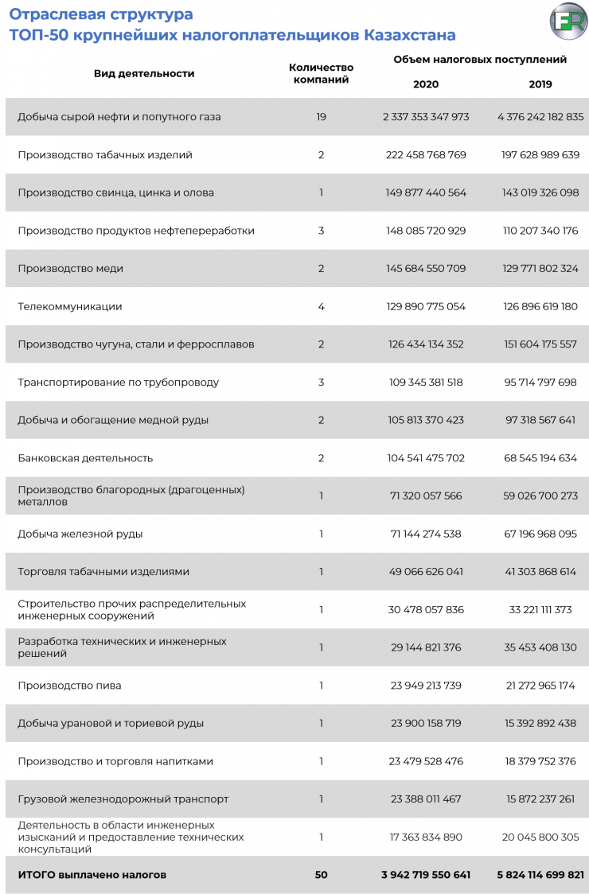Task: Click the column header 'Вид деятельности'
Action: point(144,73)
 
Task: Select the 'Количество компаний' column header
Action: point(321,73)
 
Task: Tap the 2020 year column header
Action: point(426,84)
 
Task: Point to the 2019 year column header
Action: point(540,84)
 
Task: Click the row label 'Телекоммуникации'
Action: point(70,306)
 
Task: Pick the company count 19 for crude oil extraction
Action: point(321,117)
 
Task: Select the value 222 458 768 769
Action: point(426,155)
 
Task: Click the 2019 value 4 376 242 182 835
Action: point(540,117)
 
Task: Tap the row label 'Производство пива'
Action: point(69,686)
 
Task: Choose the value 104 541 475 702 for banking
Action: point(426,458)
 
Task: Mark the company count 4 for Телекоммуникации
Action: point(321,306)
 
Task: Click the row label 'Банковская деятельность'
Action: point(85,458)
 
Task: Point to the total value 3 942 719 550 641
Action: point(426,875)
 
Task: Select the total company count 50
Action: point(321,875)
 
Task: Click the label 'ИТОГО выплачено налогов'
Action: point(92,875)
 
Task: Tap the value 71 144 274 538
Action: point(426,534)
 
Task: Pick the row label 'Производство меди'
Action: point(70,269)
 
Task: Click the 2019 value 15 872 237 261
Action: point(540,799)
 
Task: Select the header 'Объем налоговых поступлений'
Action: point(480,60)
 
